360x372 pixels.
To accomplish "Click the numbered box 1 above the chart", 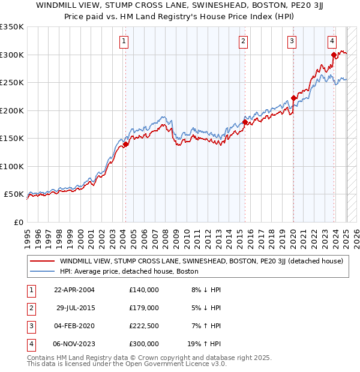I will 123,41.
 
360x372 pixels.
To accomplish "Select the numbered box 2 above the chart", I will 243,41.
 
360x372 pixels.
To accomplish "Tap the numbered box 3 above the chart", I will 291,41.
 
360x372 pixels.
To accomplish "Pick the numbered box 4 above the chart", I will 332,41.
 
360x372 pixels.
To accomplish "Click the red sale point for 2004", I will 126,144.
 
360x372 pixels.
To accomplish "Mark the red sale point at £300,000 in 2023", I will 334,55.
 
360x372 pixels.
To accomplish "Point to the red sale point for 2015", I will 245,122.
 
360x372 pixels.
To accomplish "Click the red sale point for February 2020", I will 293,98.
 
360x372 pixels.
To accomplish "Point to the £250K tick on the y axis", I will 13,83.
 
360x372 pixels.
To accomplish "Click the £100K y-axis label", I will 13,166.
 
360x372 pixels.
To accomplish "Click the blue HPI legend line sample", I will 42,271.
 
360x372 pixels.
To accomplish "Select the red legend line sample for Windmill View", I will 42,261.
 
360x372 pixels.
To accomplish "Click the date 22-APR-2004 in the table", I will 74,290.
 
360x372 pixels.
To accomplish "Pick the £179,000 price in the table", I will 143,308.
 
